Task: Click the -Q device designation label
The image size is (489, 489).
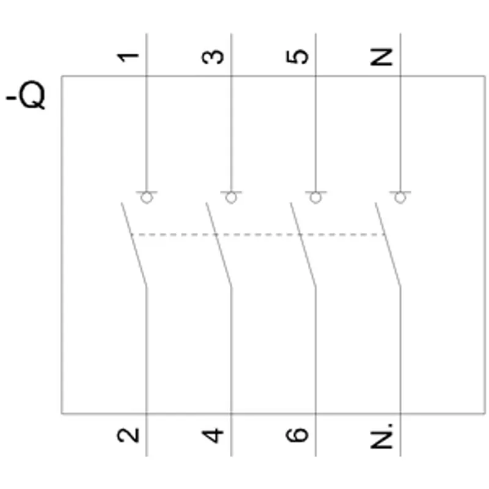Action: [26, 95]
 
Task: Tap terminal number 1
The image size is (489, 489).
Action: [128, 57]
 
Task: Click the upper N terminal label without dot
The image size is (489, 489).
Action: [381, 57]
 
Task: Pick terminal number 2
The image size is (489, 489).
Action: [128, 435]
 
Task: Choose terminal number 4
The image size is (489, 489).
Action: [213, 436]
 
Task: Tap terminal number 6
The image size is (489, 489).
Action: [297, 435]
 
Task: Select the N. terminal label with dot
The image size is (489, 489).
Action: [381, 436]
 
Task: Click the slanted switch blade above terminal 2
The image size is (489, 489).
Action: [134, 244]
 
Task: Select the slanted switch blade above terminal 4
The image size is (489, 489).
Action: [218, 244]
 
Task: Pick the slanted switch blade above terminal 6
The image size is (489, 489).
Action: [303, 244]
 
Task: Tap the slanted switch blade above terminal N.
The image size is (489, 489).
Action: [388, 244]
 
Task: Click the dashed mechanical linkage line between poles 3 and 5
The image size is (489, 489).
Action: [257, 235]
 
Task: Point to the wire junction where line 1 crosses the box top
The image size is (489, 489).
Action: [147, 76]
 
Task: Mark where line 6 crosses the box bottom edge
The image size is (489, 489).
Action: [315, 414]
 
